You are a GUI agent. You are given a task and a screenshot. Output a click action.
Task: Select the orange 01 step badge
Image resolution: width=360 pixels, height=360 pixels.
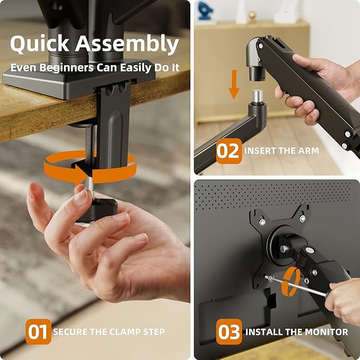point(39,332)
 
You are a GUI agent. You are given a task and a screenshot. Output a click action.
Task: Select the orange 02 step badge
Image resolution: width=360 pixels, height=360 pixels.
point(229,151)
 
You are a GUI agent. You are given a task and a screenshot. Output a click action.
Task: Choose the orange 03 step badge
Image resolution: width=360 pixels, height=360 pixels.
point(229,332)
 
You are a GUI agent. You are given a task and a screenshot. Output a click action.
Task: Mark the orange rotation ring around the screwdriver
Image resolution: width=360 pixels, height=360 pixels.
point(290,281)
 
